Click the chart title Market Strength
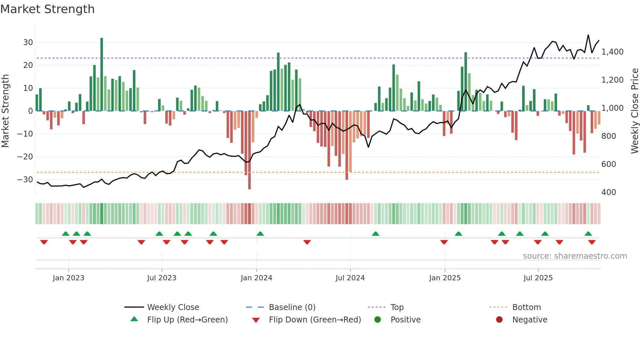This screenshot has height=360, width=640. pos(47,9)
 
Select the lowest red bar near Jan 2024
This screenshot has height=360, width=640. pos(249,150)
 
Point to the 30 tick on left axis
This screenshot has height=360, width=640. pos(28,42)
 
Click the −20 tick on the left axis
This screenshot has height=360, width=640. pos(25,157)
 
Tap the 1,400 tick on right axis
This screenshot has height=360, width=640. pos(612,52)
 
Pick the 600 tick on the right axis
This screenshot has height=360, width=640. pos(609,164)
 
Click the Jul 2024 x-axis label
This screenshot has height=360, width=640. pos(350,278)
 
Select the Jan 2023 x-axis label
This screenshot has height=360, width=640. pos(68,278)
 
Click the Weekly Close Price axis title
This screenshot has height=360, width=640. pos(634,111)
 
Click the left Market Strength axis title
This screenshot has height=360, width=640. pos(6,111)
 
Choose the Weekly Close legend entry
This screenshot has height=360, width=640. pos(173,307)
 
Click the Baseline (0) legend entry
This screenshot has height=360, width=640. pos(292,307)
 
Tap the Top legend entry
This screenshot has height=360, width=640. pos(397,307)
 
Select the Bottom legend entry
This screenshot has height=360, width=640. pos(526,307)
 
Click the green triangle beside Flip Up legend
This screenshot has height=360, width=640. pos(134,319)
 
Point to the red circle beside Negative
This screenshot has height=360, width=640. pos(499,319)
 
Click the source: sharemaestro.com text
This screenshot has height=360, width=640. pos(575,256)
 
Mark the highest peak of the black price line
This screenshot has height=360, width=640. pos(588,35)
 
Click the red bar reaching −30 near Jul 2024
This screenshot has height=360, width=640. pos(347,145)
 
